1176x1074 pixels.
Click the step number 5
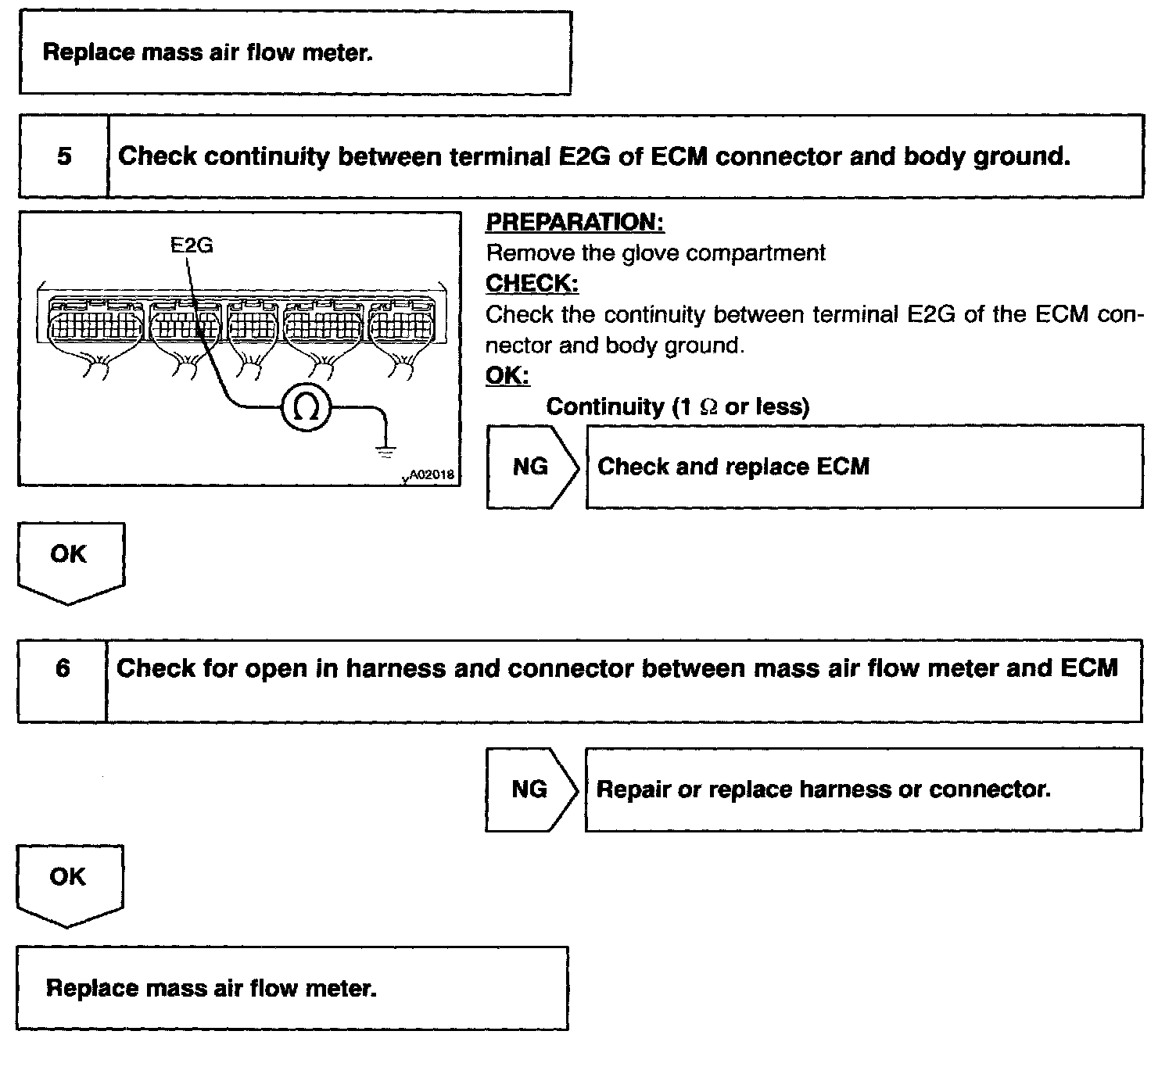[x=64, y=156]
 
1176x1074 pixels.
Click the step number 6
[x=63, y=668]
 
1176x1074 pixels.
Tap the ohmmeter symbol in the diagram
[x=307, y=407]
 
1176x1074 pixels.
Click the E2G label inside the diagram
[x=192, y=245]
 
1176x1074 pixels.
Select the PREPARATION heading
[x=575, y=223]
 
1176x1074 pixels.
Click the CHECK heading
[x=532, y=283]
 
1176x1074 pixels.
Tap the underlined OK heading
[x=507, y=376]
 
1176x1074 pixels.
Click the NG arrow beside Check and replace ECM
[x=532, y=467]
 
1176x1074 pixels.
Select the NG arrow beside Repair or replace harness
[x=530, y=789]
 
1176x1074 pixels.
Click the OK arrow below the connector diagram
[x=70, y=559]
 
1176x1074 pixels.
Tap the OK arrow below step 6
[x=68, y=882]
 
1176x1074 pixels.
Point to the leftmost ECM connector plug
[x=95, y=324]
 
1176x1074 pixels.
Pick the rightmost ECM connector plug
[x=401, y=324]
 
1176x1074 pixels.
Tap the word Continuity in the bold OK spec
[x=604, y=406]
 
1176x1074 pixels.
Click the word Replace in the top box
[x=88, y=53]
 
